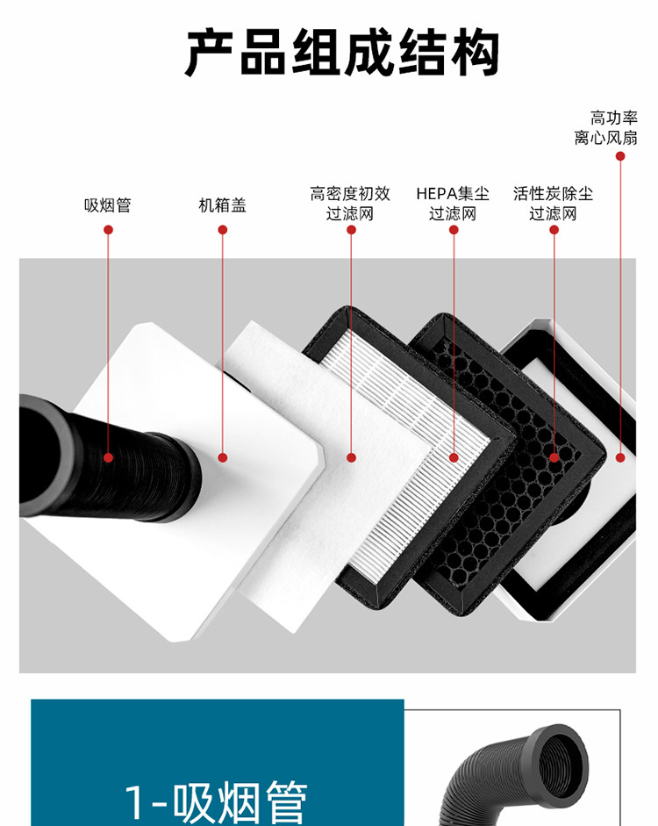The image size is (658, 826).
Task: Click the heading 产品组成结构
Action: (x=342, y=53)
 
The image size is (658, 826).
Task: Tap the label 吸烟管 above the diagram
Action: (x=108, y=205)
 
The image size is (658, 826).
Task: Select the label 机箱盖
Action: (x=222, y=205)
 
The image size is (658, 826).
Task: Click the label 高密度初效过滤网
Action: (x=350, y=204)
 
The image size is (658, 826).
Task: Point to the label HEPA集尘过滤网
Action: (x=453, y=204)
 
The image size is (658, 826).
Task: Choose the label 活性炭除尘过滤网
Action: (x=554, y=204)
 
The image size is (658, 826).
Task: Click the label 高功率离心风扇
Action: (x=606, y=127)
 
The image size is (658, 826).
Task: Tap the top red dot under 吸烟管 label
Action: (x=109, y=230)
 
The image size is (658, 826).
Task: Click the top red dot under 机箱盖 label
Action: (x=223, y=230)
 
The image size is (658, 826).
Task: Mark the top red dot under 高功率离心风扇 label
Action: (x=620, y=156)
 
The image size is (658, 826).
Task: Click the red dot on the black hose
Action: (x=109, y=458)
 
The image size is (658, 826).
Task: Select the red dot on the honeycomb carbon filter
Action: (x=554, y=458)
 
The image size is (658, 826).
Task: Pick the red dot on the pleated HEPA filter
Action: (x=454, y=458)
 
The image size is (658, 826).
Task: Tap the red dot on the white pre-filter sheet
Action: (x=352, y=458)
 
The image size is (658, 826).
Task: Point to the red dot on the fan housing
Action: (x=620, y=458)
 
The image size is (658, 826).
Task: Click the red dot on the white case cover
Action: (x=223, y=458)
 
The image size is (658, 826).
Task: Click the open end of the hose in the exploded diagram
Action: (x=42, y=456)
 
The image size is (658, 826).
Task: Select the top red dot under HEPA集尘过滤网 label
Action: (x=454, y=230)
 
